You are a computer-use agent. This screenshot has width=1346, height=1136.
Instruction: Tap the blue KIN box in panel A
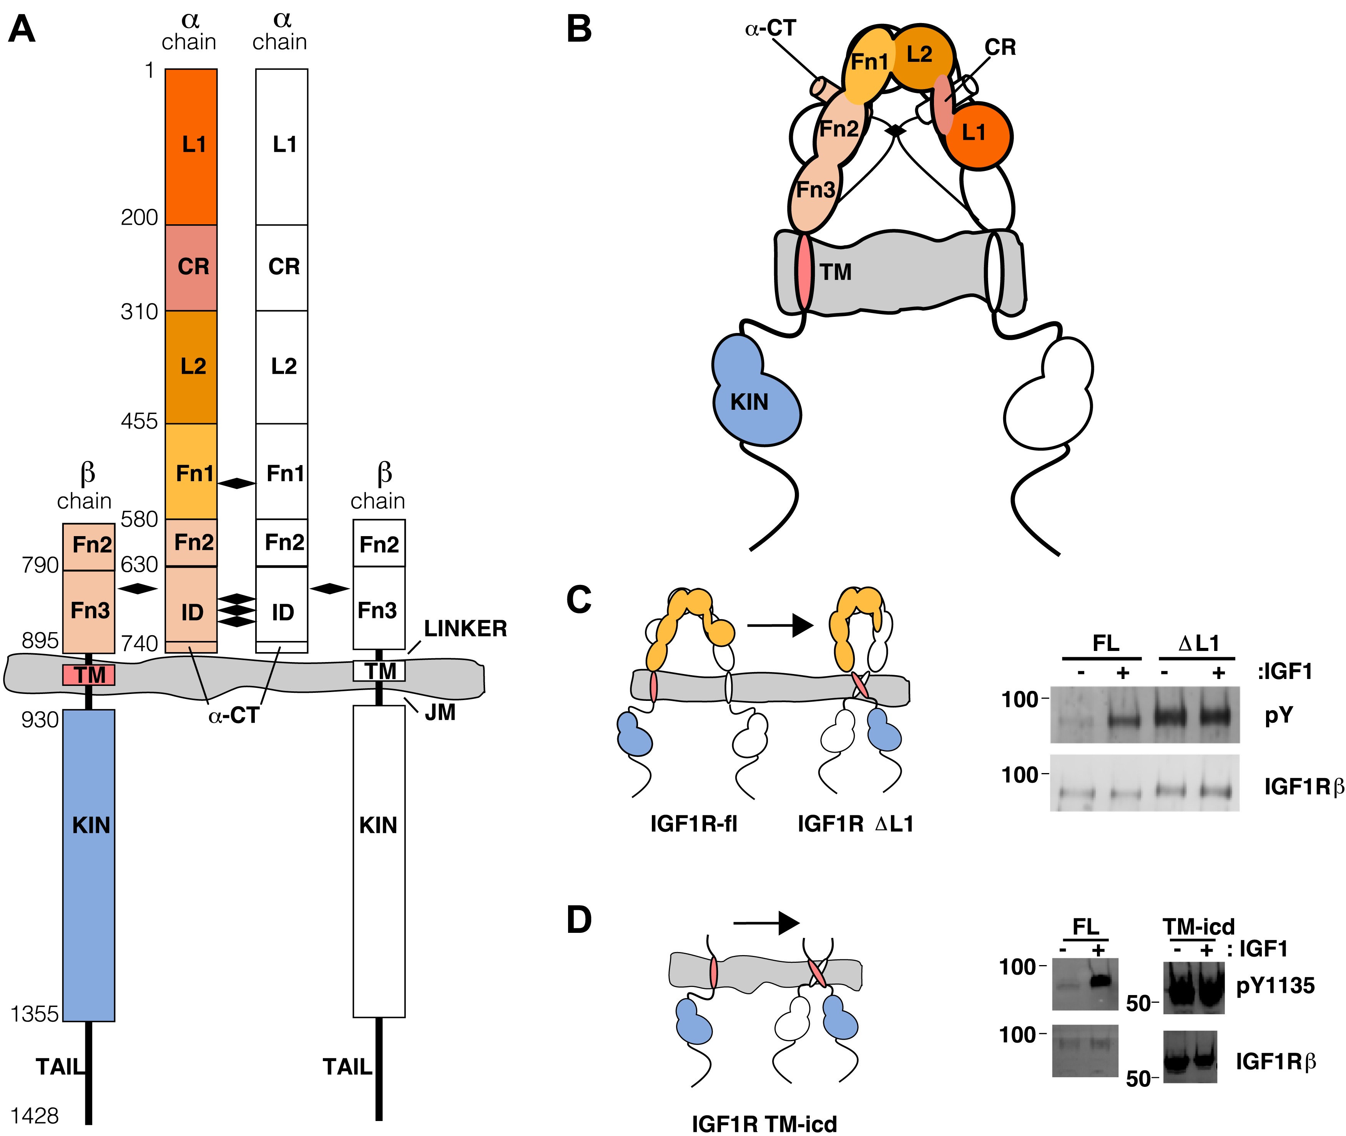click(x=89, y=863)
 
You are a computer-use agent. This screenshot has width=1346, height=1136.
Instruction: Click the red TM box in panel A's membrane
click(x=89, y=675)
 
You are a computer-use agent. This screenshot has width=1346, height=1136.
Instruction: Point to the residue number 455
click(x=139, y=421)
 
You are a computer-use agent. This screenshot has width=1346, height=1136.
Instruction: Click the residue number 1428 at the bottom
click(x=35, y=1115)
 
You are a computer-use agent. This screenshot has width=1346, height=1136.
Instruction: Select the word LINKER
click(x=465, y=629)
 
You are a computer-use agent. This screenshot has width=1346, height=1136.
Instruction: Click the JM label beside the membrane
click(x=440, y=712)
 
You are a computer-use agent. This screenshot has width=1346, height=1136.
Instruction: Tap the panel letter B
click(x=578, y=30)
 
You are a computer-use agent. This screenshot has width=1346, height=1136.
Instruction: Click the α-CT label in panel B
click(x=771, y=28)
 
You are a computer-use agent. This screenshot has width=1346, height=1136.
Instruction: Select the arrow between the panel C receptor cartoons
click(x=779, y=625)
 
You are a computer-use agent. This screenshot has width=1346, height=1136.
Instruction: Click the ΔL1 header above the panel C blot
click(x=1198, y=643)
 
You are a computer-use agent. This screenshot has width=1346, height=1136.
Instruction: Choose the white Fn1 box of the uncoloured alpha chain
click(x=282, y=473)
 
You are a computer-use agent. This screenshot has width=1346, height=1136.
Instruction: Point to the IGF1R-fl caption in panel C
click(x=693, y=824)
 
